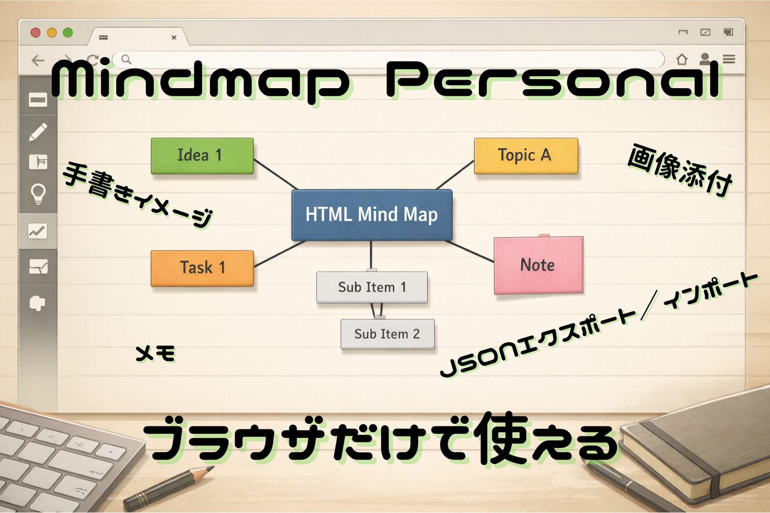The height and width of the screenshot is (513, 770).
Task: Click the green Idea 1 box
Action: [203, 156]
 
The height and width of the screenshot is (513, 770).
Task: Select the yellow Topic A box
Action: [526, 156]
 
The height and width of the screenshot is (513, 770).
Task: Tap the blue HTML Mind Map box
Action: [372, 215]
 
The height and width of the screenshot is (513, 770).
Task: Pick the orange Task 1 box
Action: [203, 269]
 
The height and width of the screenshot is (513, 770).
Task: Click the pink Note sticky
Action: [539, 265]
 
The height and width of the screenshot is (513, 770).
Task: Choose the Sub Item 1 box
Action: [372, 287]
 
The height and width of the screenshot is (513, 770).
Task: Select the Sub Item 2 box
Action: [388, 334]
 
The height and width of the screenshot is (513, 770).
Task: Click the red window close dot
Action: [36, 33]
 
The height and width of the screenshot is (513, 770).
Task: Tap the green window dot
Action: [68, 33]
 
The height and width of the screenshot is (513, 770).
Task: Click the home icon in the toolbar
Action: [682, 59]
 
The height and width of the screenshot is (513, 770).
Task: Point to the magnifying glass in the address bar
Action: [126, 60]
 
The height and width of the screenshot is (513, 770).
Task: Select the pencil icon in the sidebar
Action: [38, 132]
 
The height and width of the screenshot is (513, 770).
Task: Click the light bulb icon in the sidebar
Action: [38, 194]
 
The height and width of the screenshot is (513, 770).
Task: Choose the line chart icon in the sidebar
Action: [38, 231]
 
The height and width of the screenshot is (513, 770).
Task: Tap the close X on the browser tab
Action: [174, 38]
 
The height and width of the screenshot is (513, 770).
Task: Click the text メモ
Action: [156, 354]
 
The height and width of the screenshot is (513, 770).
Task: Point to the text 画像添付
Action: [680, 170]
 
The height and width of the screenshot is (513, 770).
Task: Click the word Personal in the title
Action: [553, 79]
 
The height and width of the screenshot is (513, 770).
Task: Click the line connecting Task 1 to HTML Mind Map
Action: [279, 254]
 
